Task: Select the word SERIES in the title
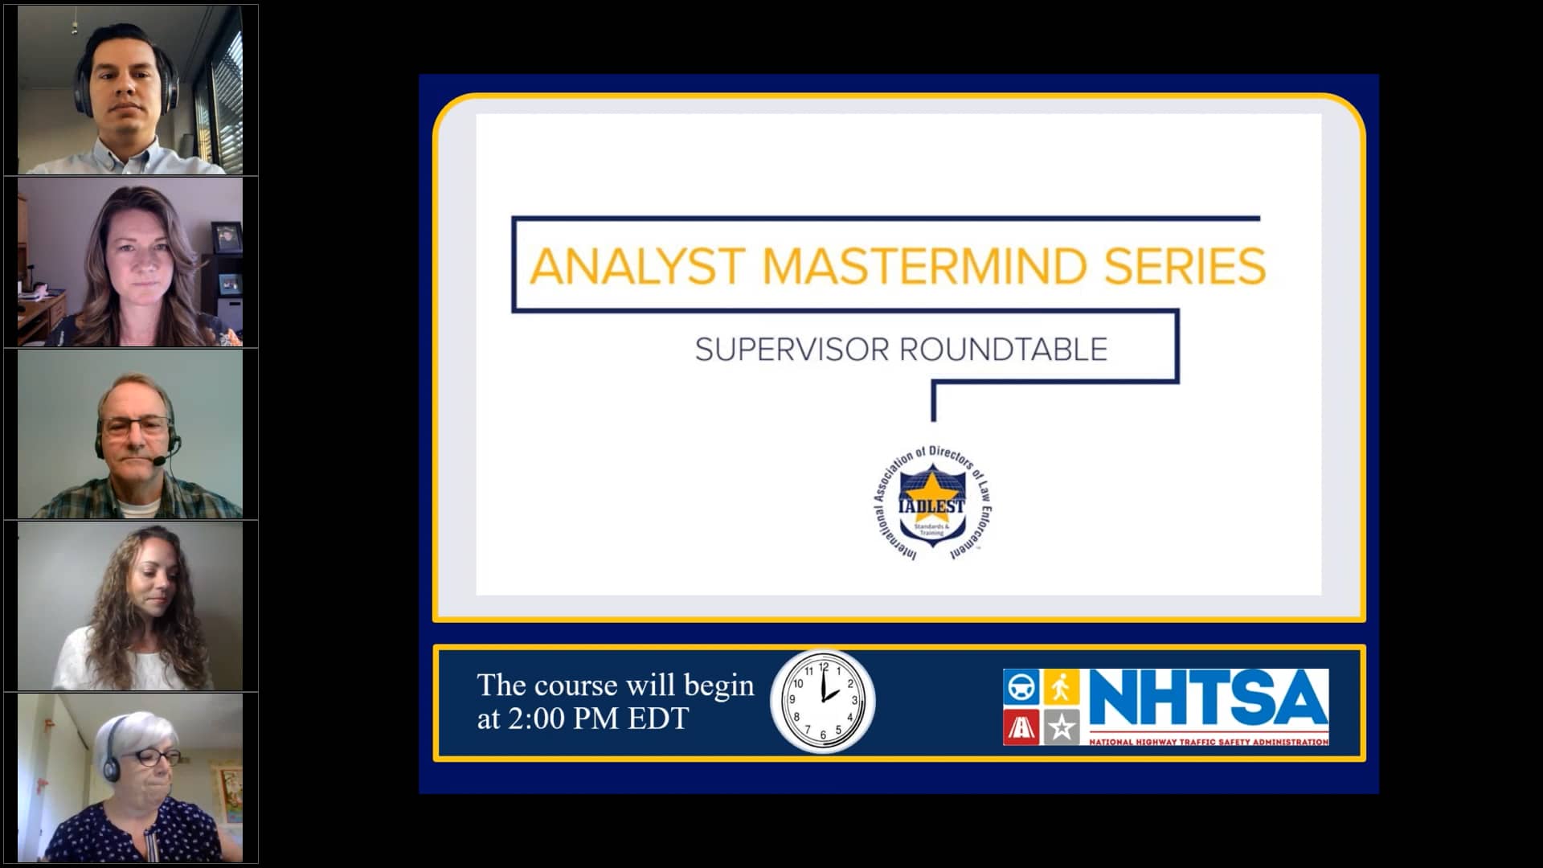click(1185, 266)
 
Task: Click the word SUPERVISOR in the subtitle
click(792, 350)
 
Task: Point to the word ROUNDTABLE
click(1003, 350)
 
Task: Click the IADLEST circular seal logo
click(931, 503)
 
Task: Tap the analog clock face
click(823, 701)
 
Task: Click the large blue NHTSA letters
click(1207, 698)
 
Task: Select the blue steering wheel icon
click(1021, 687)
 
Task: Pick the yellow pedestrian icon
click(1061, 687)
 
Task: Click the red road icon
click(1021, 727)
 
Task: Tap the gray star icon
click(1061, 727)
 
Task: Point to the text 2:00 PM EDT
click(598, 719)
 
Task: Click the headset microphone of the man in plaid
click(160, 461)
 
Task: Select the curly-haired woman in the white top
click(133, 611)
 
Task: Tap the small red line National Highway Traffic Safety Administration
click(1208, 742)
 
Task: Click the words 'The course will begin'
click(616, 686)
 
